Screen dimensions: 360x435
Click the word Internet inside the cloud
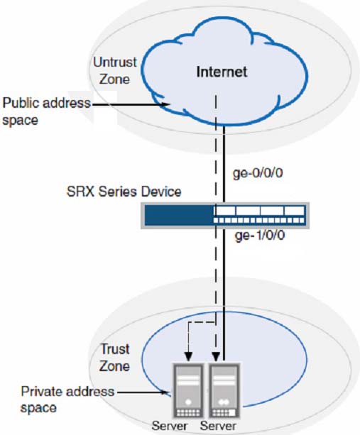[x=222, y=72]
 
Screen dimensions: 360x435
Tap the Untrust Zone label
[x=114, y=71]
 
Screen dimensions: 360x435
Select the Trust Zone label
[x=114, y=358]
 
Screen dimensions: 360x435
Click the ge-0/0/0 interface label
[x=258, y=173]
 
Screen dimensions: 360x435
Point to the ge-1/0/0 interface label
[x=260, y=236]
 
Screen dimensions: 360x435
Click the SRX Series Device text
[x=124, y=192]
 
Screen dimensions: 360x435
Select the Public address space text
[x=47, y=111]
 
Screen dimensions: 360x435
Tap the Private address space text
[x=67, y=400]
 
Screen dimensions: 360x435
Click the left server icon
[x=188, y=390]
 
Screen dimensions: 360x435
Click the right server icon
[x=224, y=390]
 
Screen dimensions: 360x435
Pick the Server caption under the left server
[x=170, y=426]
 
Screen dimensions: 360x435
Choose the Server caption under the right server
[x=218, y=426]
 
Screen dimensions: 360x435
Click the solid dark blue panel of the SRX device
[x=179, y=215]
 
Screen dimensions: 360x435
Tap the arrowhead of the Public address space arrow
[x=166, y=104]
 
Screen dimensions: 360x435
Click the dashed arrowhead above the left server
[x=188, y=356]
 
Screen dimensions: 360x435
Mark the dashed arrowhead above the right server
[x=216, y=356]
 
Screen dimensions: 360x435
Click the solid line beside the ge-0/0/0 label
[x=224, y=164]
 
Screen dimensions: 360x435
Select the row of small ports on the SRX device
[x=259, y=220]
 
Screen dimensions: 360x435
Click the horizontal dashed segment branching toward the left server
[x=202, y=322]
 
